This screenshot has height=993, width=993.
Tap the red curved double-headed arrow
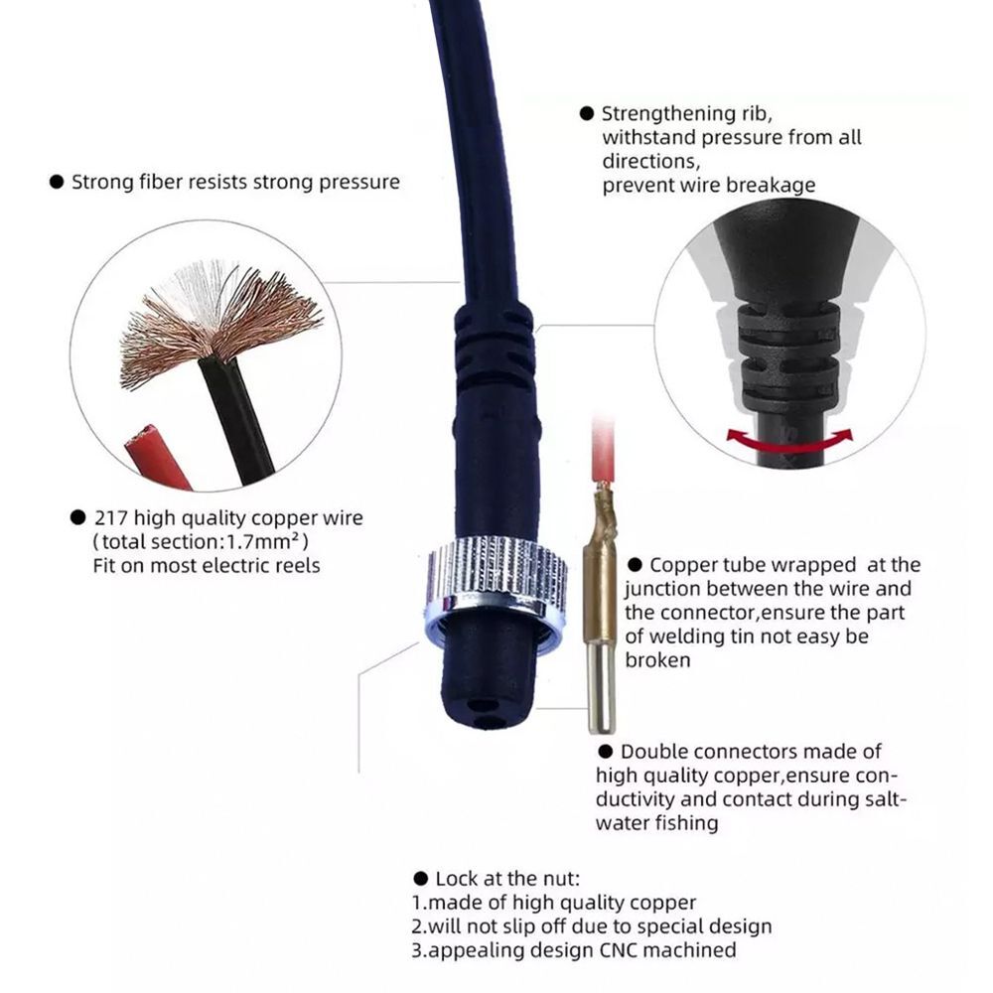pos(790,437)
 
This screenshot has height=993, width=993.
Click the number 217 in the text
pos(112,517)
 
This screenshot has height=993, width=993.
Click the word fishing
pos(685,823)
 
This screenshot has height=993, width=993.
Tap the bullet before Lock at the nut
pos(420,880)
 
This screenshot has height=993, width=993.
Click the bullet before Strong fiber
pos(57,183)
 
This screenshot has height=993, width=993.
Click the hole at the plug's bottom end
pos(485,709)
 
